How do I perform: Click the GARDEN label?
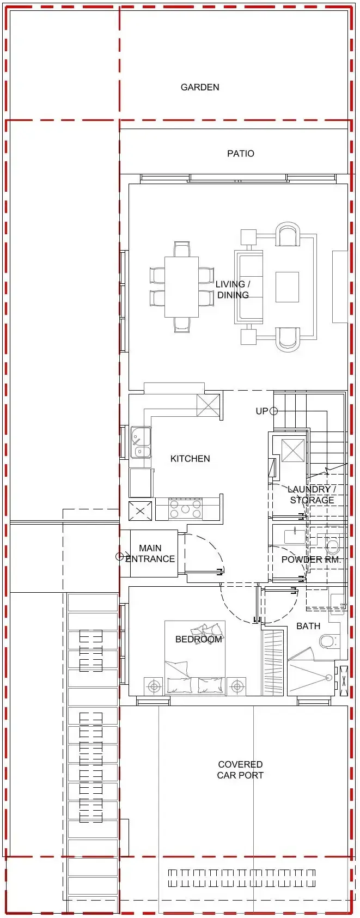point(200,87)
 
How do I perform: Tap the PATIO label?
point(241,154)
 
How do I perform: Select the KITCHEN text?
point(190,459)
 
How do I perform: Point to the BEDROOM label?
point(199,639)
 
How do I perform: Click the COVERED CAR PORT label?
point(240,770)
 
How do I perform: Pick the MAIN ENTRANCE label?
point(150,554)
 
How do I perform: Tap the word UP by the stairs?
point(262,411)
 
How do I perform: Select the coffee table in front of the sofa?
point(287,287)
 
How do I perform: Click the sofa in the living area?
point(248,287)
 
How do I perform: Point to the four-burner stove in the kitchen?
point(186,509)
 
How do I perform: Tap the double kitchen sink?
point(141,442)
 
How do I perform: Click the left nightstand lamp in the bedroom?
point(154,685)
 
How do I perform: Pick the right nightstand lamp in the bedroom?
point(237,685)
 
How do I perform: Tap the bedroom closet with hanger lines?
point(272,662)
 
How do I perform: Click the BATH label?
point(308,626)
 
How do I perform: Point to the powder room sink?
point(295,536)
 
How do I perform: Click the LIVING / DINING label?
point(233,289)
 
